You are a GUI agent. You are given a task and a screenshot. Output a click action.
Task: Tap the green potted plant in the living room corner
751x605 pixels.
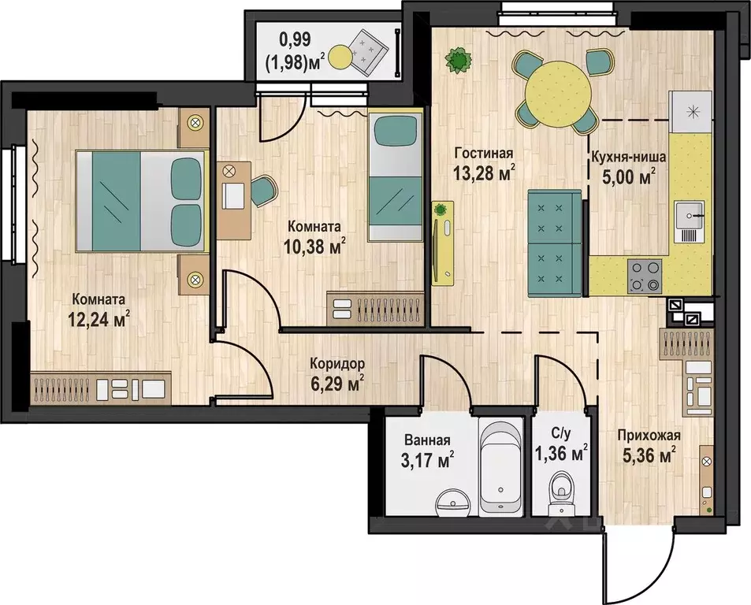pyautogui.click(x=457, y=60)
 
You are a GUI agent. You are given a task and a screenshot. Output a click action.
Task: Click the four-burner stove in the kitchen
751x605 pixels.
pyautogui.click(x=644, y=277)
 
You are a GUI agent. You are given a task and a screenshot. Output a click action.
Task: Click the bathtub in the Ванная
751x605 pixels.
pyautogui.click(x=501, y=469)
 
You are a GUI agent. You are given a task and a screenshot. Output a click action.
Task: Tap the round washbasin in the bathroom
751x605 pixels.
pyautogui.click(x=452, y=503)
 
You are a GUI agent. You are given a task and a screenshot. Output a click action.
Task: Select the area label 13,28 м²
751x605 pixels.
pyautogui.click(x=484, y=173)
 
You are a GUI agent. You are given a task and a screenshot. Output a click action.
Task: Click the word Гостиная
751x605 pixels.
pyautogui.click(x=484, y=154)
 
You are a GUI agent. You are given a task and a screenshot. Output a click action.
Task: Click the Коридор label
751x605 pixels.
pyautogui.click(x=337, y=364)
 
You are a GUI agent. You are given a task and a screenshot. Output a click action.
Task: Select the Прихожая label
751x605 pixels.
pyautogui.click(x=649, y=436)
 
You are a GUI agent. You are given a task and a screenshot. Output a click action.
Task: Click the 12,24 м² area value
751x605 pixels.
pyautogui.click(x=99, y=320)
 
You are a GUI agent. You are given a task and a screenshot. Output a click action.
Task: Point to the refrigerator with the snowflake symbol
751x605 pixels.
pyautogui.click(x=692, y=112)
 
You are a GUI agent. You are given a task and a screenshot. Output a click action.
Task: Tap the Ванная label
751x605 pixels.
pyautogui.click(x=427, y=440)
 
